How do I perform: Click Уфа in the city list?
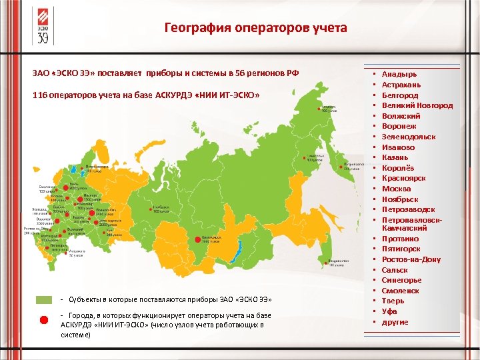tap(390, 311)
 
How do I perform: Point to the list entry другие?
tap(395, 322)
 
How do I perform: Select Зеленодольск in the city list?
tap(409, 137)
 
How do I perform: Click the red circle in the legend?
tap(45, 319)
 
